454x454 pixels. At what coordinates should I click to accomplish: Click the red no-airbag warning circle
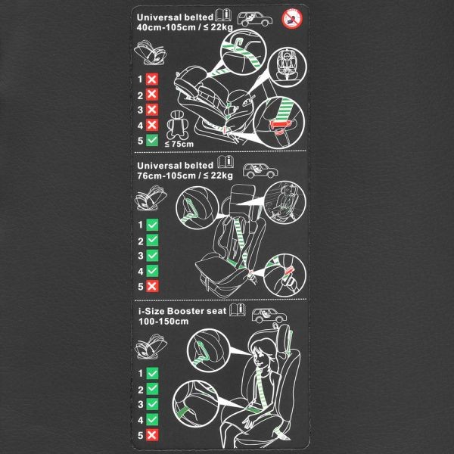[x=292, y=19]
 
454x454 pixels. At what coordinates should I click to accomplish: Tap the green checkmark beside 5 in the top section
[x=152, y=141]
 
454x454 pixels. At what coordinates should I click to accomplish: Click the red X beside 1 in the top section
[x=152, y=79]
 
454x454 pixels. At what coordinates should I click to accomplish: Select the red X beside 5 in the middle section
[x=152, y=286]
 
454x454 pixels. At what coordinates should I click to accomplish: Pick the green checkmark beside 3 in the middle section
[x=152, y=256]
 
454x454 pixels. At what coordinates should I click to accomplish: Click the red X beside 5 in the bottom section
[x=152, y=435]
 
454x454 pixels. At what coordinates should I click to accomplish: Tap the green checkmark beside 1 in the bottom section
[x=152, y=373]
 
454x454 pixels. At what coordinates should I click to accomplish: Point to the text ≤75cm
[x=179, y=144]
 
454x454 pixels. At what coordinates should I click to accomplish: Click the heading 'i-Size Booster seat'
[x=182, y=311]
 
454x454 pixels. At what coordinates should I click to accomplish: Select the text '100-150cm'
[x=163, y=322]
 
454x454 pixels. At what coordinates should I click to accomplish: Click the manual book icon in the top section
[x=223, y=15]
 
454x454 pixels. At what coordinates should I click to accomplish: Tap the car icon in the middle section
[x=260, y=170]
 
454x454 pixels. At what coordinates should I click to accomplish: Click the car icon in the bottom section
[x=269, y=316]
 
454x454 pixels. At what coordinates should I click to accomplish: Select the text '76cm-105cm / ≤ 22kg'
[x=185, y=176]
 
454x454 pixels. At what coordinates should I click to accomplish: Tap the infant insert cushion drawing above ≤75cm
[x=177, y=125]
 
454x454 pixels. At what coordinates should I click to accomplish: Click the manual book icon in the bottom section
[x=238, y=310]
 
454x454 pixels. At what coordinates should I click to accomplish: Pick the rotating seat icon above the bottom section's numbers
[x=151, y=347]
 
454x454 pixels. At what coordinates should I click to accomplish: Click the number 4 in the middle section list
[x=141, y=272]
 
